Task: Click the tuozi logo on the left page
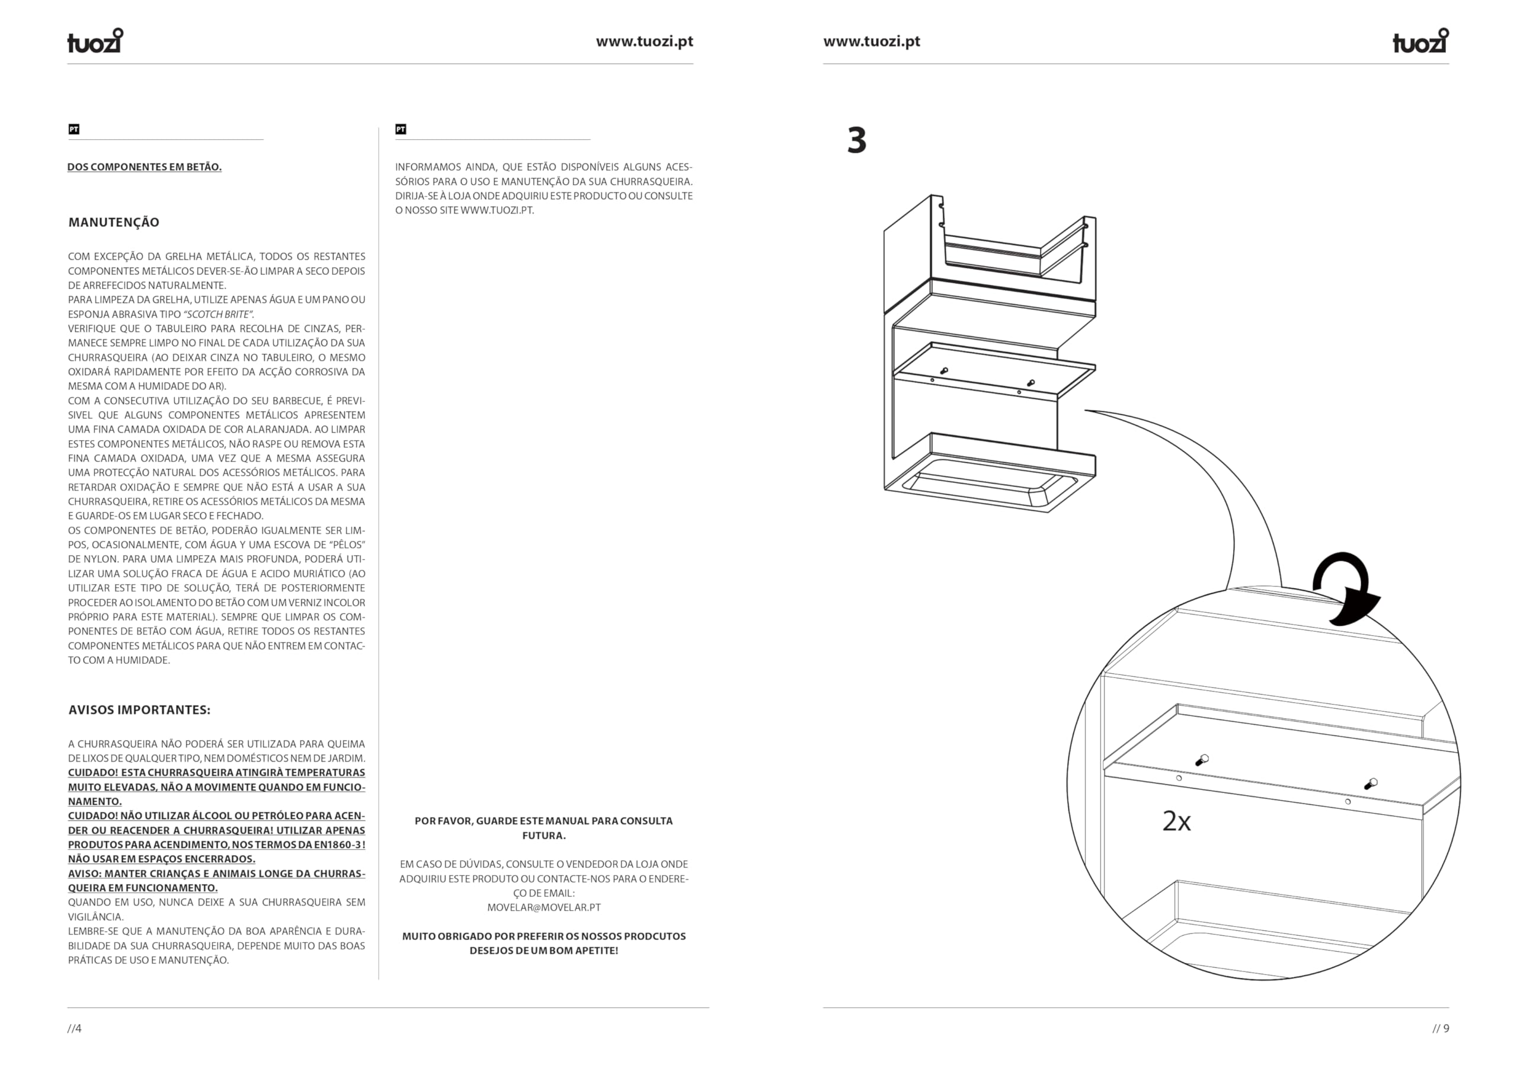pos(95,40)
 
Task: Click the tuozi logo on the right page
pos(1420,40)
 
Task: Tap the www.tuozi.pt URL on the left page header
pos(644,41)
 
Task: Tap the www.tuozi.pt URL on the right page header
pos(872,41)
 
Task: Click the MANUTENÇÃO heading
pos(114,222)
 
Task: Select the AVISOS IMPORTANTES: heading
pos(139,710)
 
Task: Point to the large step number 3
pos(857,141)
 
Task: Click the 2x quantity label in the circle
pos(1176,821)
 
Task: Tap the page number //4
pos(75,1028)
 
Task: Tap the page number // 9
pos(1441,1028)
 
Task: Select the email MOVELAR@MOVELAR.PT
pos(544,907)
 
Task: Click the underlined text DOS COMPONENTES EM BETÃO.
pos(144,167)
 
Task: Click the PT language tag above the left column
pos(74,130)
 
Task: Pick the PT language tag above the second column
pos(401,130)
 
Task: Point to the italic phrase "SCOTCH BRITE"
pos(218,315)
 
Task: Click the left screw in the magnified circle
pos(1202,760)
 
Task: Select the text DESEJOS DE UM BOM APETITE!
pos(544,951)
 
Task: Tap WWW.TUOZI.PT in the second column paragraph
pos(496,211)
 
